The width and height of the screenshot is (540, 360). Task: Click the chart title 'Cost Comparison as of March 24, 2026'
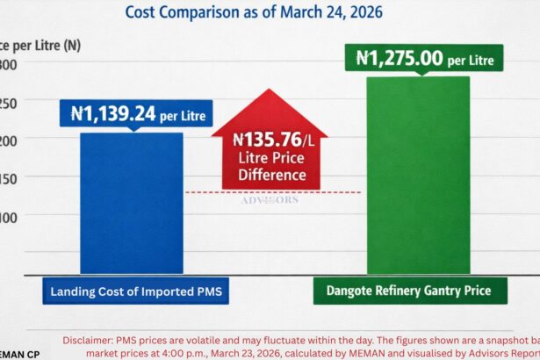click(x=254, y=13)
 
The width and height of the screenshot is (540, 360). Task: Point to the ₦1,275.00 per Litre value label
click(x=425, y=59)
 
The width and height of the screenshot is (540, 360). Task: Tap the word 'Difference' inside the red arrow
click(x=272, y=175)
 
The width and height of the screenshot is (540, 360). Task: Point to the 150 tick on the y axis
click(x=7, y=176)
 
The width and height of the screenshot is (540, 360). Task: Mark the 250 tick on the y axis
click(x=7, y=102)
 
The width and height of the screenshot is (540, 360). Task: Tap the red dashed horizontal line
click(x=334, y=192)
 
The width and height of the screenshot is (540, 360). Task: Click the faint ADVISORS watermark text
click(x=270, y=199)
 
